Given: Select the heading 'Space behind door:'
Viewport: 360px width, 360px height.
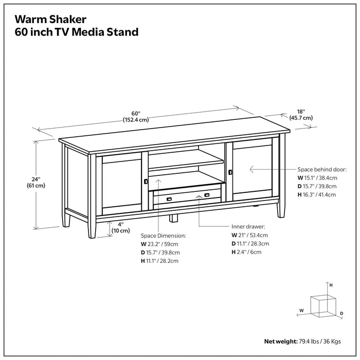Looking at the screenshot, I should click(322, 169).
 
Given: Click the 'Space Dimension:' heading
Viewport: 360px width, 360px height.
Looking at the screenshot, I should click(163, 235).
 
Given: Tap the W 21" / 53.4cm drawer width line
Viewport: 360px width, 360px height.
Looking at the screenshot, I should click(249, 235).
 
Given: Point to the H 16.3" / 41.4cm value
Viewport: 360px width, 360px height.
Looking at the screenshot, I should click(316, 195).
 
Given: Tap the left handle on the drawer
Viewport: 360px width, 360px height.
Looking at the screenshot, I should click(169, 199).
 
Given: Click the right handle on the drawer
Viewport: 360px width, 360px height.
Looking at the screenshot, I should click(207, 195).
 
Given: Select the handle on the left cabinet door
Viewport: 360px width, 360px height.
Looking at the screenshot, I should click(146, 181).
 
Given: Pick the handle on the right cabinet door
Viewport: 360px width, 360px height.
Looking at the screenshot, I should click(231, 172).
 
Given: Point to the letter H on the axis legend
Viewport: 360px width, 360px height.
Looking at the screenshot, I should click(331, 284).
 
